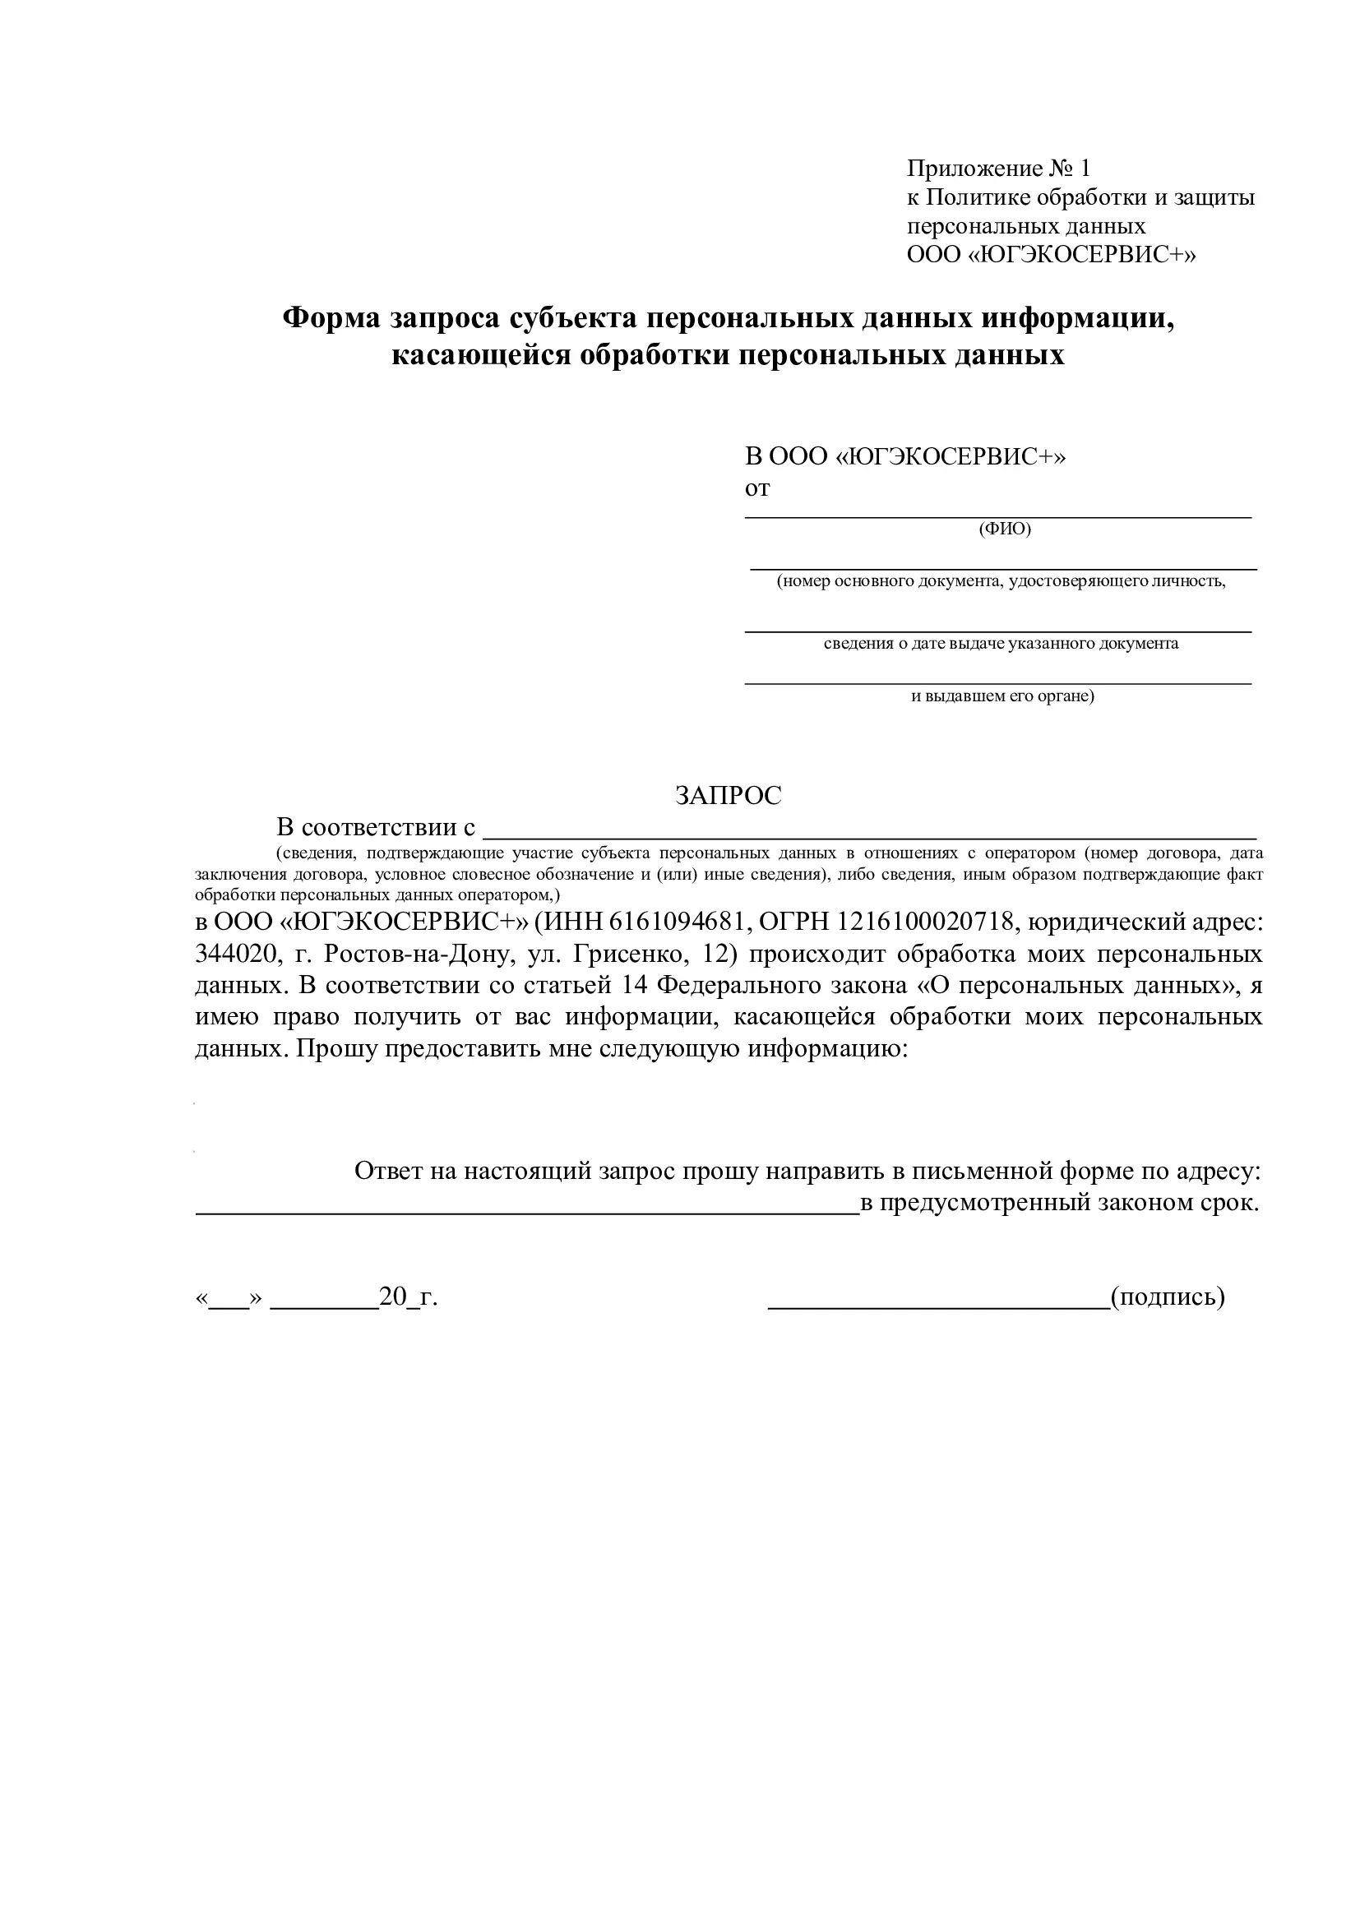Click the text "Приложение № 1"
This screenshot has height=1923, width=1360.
point(998,169)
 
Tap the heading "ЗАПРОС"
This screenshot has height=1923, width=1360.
point(728,795)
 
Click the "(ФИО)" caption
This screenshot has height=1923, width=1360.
point(1005,529)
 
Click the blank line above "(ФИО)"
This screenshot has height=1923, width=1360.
point(998,517)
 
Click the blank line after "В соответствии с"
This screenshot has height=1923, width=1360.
point(871,835)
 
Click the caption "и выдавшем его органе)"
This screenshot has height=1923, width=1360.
point(1002,696)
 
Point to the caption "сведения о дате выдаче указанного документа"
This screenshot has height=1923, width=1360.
point(1001,643)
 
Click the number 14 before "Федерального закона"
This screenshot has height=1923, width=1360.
point(636,985)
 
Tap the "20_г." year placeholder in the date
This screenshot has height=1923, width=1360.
point(408,1297)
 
